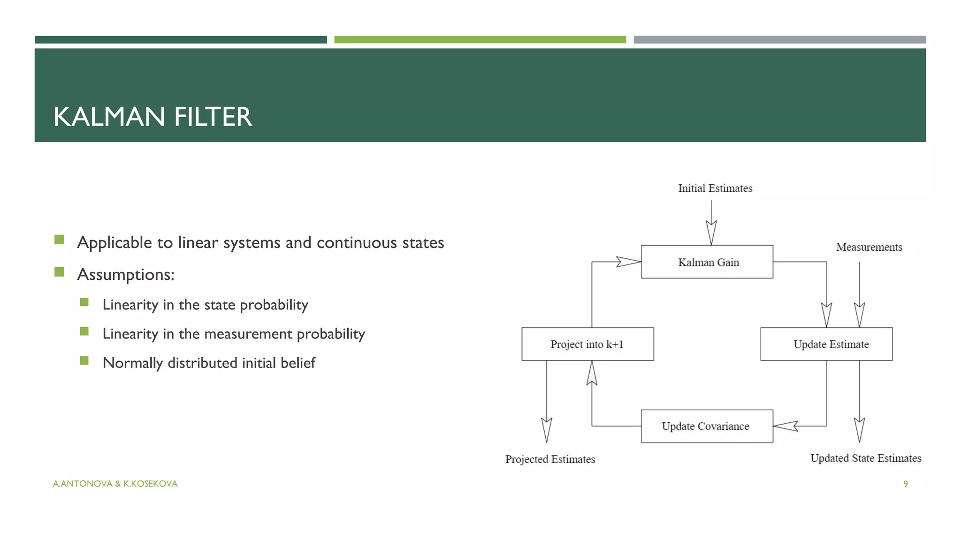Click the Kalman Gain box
[707, 262]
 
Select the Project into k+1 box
[587, 344]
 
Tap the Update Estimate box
[826, 344]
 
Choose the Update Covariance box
[707, 426]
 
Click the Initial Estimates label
[715, 188]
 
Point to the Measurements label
[869, 247]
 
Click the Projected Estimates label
[550, 459]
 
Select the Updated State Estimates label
[865, 458]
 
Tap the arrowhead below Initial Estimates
[711, 232]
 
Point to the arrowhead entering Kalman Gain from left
[628, 262]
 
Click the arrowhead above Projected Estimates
[546, 429]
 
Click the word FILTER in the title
[213, 117]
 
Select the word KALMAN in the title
[109, 117]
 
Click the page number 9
[906, 484]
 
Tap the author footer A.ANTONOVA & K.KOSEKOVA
[115, 484]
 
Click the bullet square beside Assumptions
[59, 272]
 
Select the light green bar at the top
[480, 40]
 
